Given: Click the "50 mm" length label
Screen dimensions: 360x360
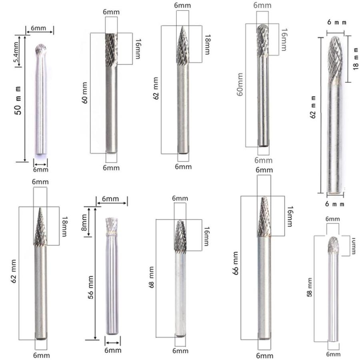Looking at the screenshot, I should tap(18, 101).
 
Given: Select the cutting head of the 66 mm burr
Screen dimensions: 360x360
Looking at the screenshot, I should tap(264, 217).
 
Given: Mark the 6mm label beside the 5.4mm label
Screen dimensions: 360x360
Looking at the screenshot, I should tap(38, 28).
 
